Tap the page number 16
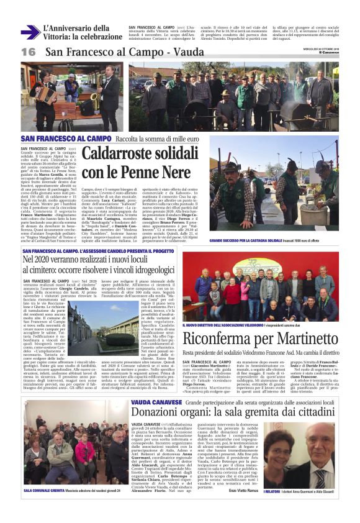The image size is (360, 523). click(28, 52)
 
